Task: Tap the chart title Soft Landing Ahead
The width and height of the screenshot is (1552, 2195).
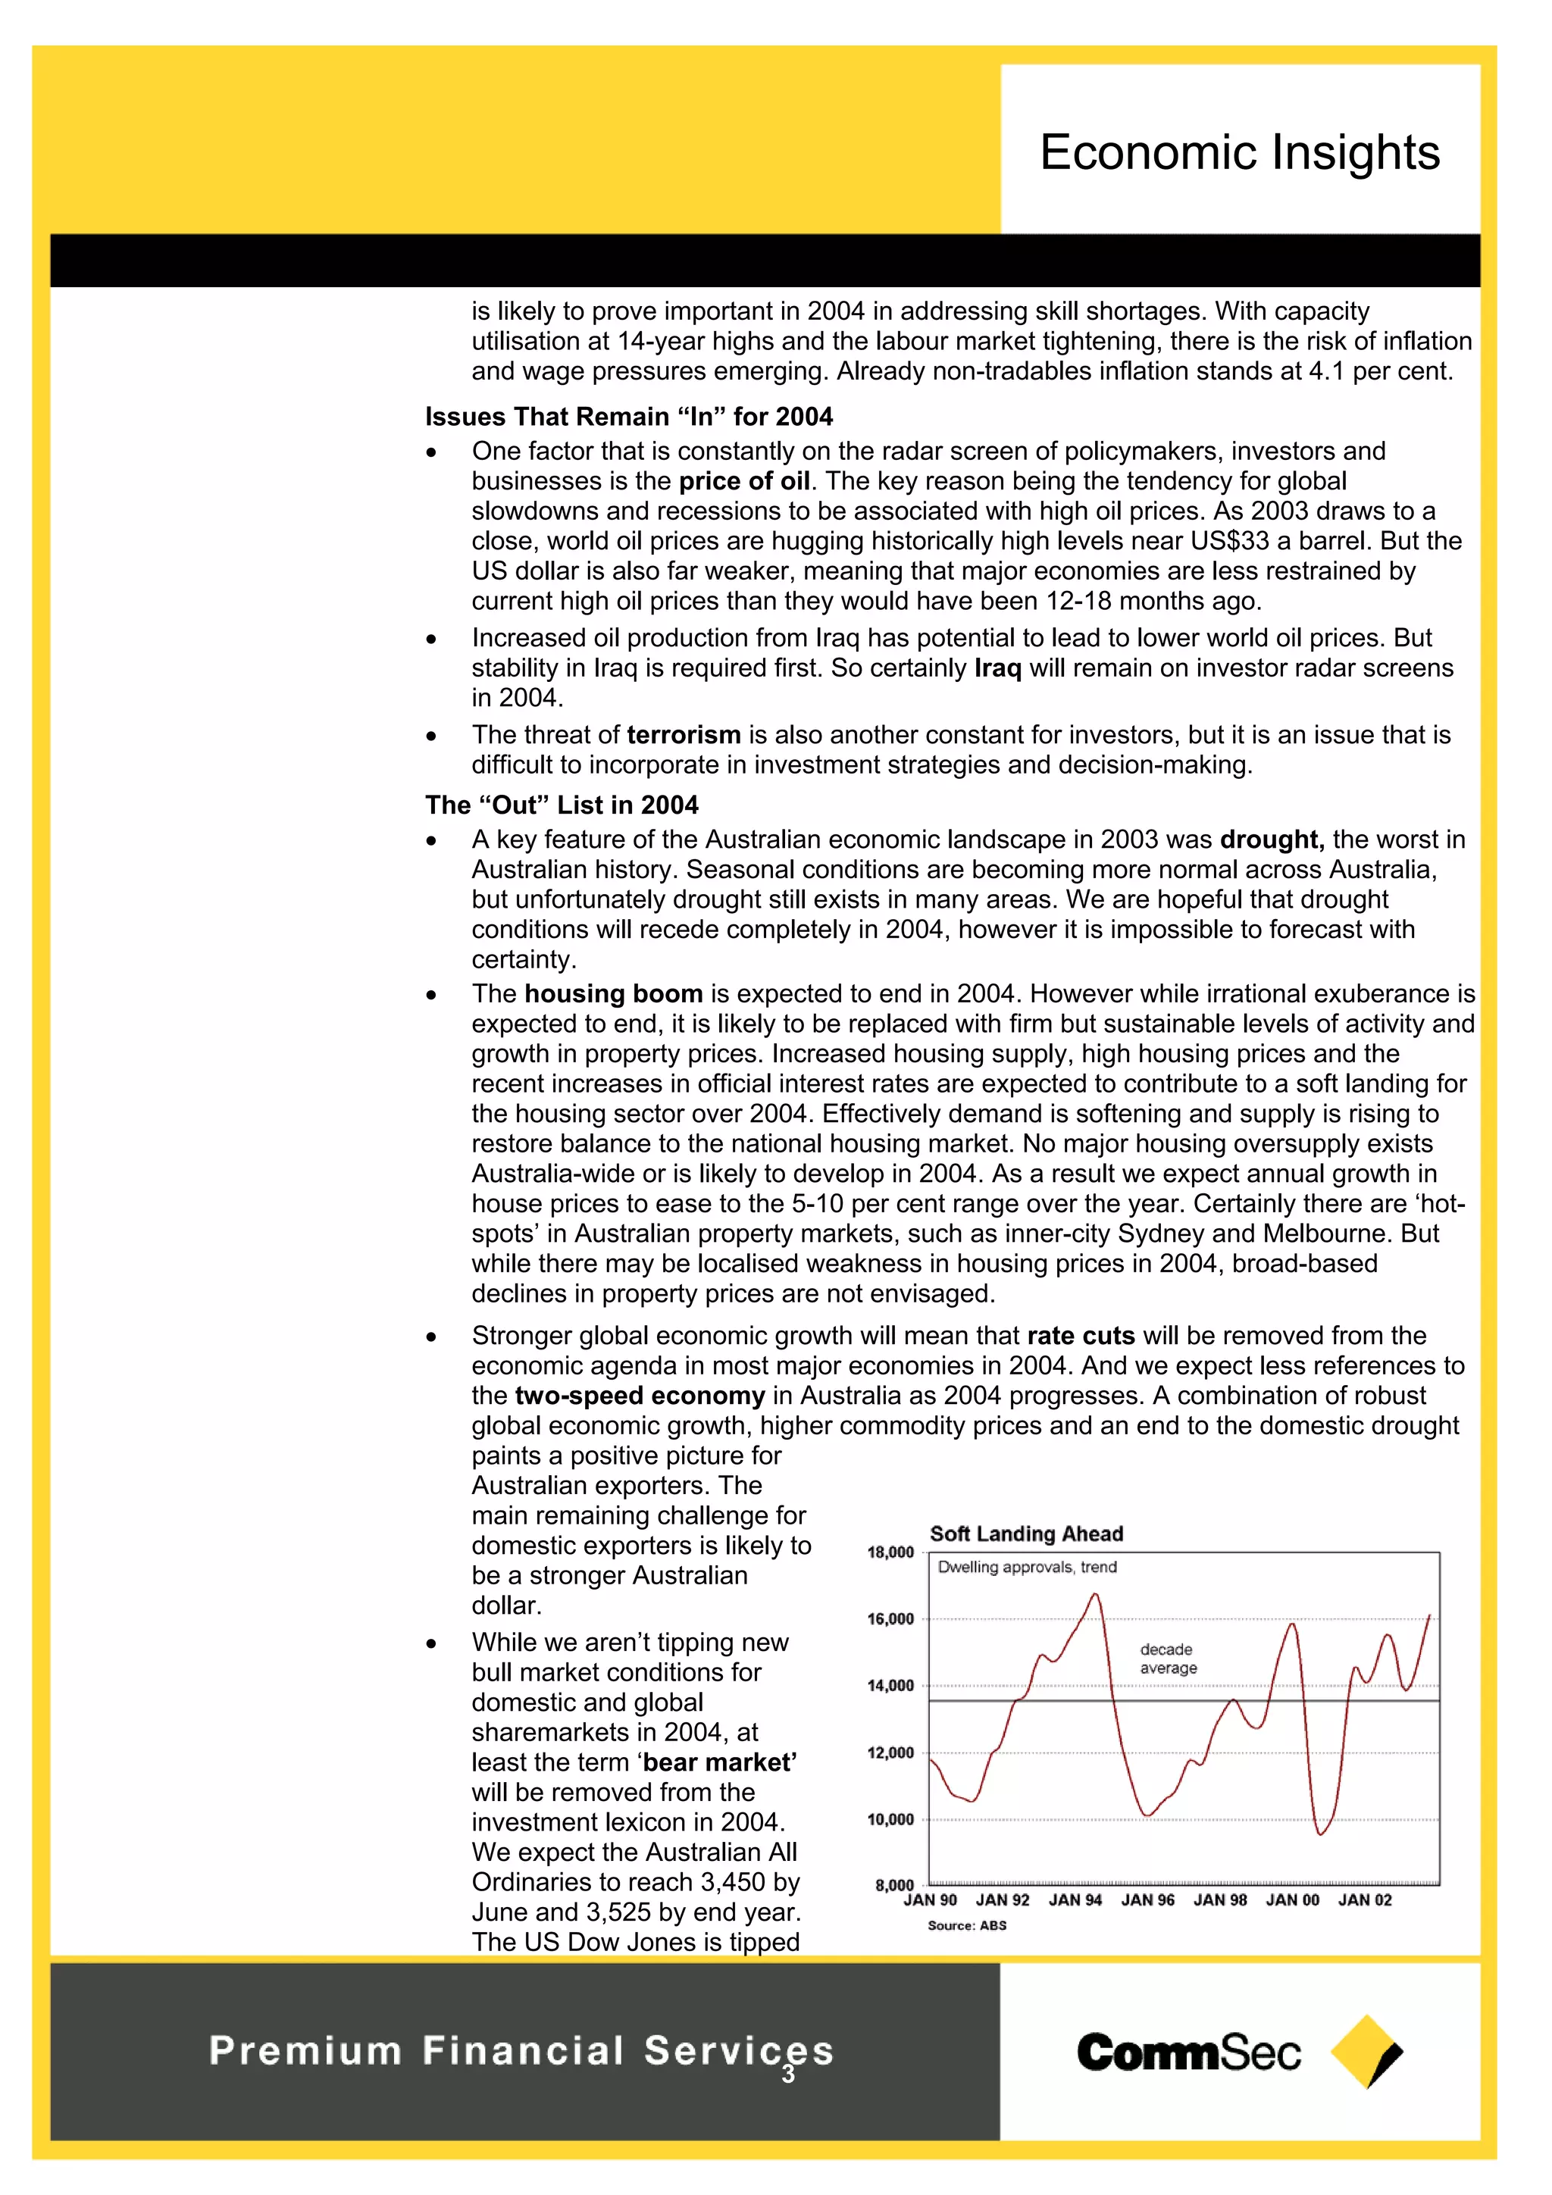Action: (1026, 1534)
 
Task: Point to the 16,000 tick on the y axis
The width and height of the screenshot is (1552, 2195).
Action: (890, 1618)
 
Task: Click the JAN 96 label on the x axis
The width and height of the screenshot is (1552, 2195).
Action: (1147, 1900)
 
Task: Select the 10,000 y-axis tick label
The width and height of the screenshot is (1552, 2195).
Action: (890, 1819)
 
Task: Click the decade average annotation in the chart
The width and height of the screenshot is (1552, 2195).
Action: (1168, 1659)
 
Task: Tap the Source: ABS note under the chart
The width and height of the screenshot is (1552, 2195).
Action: (967, 1925)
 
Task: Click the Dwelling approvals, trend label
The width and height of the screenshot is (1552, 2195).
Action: (1026, 1567)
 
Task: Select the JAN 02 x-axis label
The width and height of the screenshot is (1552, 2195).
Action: (1365, 1900)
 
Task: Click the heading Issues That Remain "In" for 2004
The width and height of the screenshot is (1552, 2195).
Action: (628, 417)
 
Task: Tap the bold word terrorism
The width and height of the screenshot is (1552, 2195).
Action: (684, 734)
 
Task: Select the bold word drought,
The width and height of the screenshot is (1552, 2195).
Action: (1272, 840)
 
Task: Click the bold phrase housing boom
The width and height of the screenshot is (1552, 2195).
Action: (613, 993)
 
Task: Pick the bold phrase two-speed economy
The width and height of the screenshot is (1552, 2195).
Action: (639, 1396)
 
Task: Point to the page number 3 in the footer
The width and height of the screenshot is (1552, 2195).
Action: (788, 2074)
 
